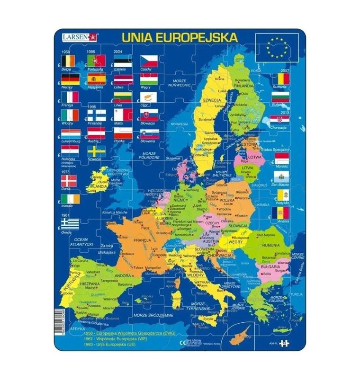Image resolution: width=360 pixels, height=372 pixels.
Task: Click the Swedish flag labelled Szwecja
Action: pyautogui.click(x=97, y=151)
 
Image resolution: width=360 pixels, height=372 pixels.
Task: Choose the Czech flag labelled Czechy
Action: pyautogui.click(x=149, y=61)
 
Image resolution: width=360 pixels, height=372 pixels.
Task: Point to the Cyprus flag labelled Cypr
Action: pyautogui.click(x=149, y=97)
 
